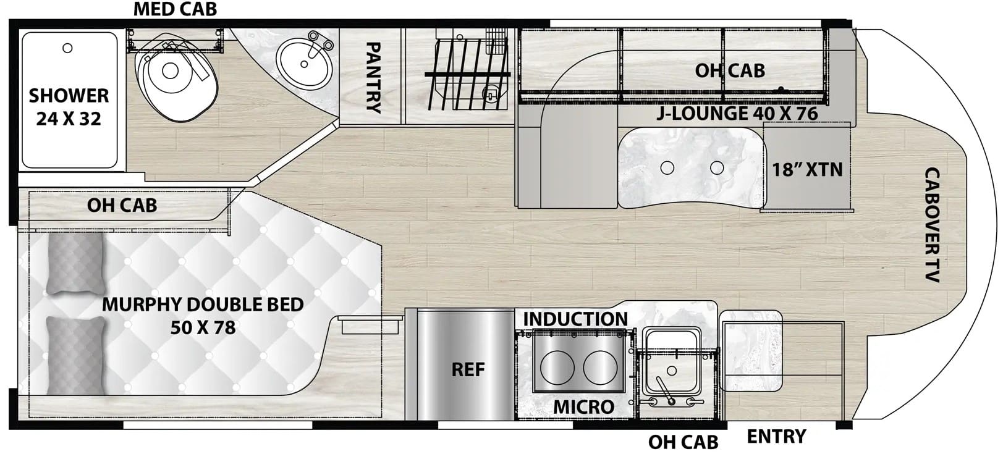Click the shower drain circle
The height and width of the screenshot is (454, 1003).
point(67,48)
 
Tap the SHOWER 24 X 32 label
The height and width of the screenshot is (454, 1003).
point(69,107)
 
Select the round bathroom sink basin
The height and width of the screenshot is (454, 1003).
point(304,64)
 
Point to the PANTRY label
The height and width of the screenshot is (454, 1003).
point(373,77)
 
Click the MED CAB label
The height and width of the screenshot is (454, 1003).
point(175,9)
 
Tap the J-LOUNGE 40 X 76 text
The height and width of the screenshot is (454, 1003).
point(737,113)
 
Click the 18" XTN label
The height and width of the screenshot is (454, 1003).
point(807,170)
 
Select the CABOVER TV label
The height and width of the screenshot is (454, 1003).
point(932,224)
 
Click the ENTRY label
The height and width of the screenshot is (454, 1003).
point(776,435)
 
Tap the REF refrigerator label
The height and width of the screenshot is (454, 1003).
point(468,369)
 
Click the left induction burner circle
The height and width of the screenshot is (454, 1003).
point(557,367)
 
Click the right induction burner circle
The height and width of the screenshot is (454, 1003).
point(600,367)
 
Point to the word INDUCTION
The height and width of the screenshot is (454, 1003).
point(575,319)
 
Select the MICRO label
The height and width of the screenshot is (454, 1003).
point(584,407)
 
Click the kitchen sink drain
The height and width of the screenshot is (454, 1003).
point(672,371)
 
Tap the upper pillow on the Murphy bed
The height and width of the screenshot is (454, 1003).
point(75,264)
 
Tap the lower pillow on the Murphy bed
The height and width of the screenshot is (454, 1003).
point(75,356)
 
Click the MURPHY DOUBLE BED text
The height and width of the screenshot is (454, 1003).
point(203,305)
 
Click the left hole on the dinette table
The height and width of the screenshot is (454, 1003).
point(667,168)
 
